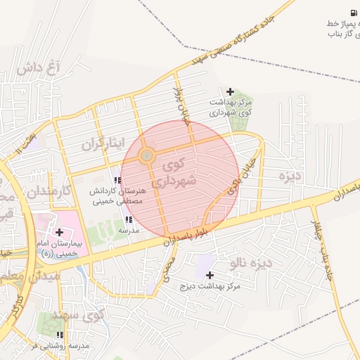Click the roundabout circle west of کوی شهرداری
[147, 155]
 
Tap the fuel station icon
[352, 13]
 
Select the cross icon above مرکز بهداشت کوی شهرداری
[230, 91]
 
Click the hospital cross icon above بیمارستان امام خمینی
[58, 232]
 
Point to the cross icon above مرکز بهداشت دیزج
[210, 275]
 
